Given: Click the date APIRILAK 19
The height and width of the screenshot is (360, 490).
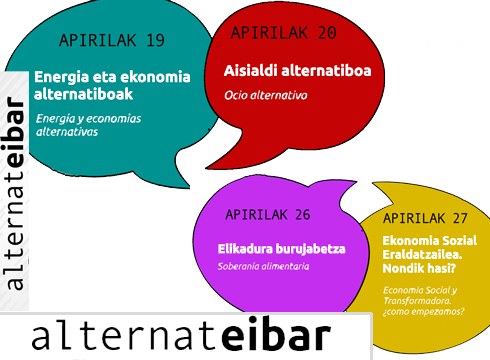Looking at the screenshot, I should [x=111, y=41].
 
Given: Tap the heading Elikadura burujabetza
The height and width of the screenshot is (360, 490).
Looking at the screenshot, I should [x=275, y=247].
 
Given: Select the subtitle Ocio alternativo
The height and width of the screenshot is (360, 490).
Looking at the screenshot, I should [x=264, y=96].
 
